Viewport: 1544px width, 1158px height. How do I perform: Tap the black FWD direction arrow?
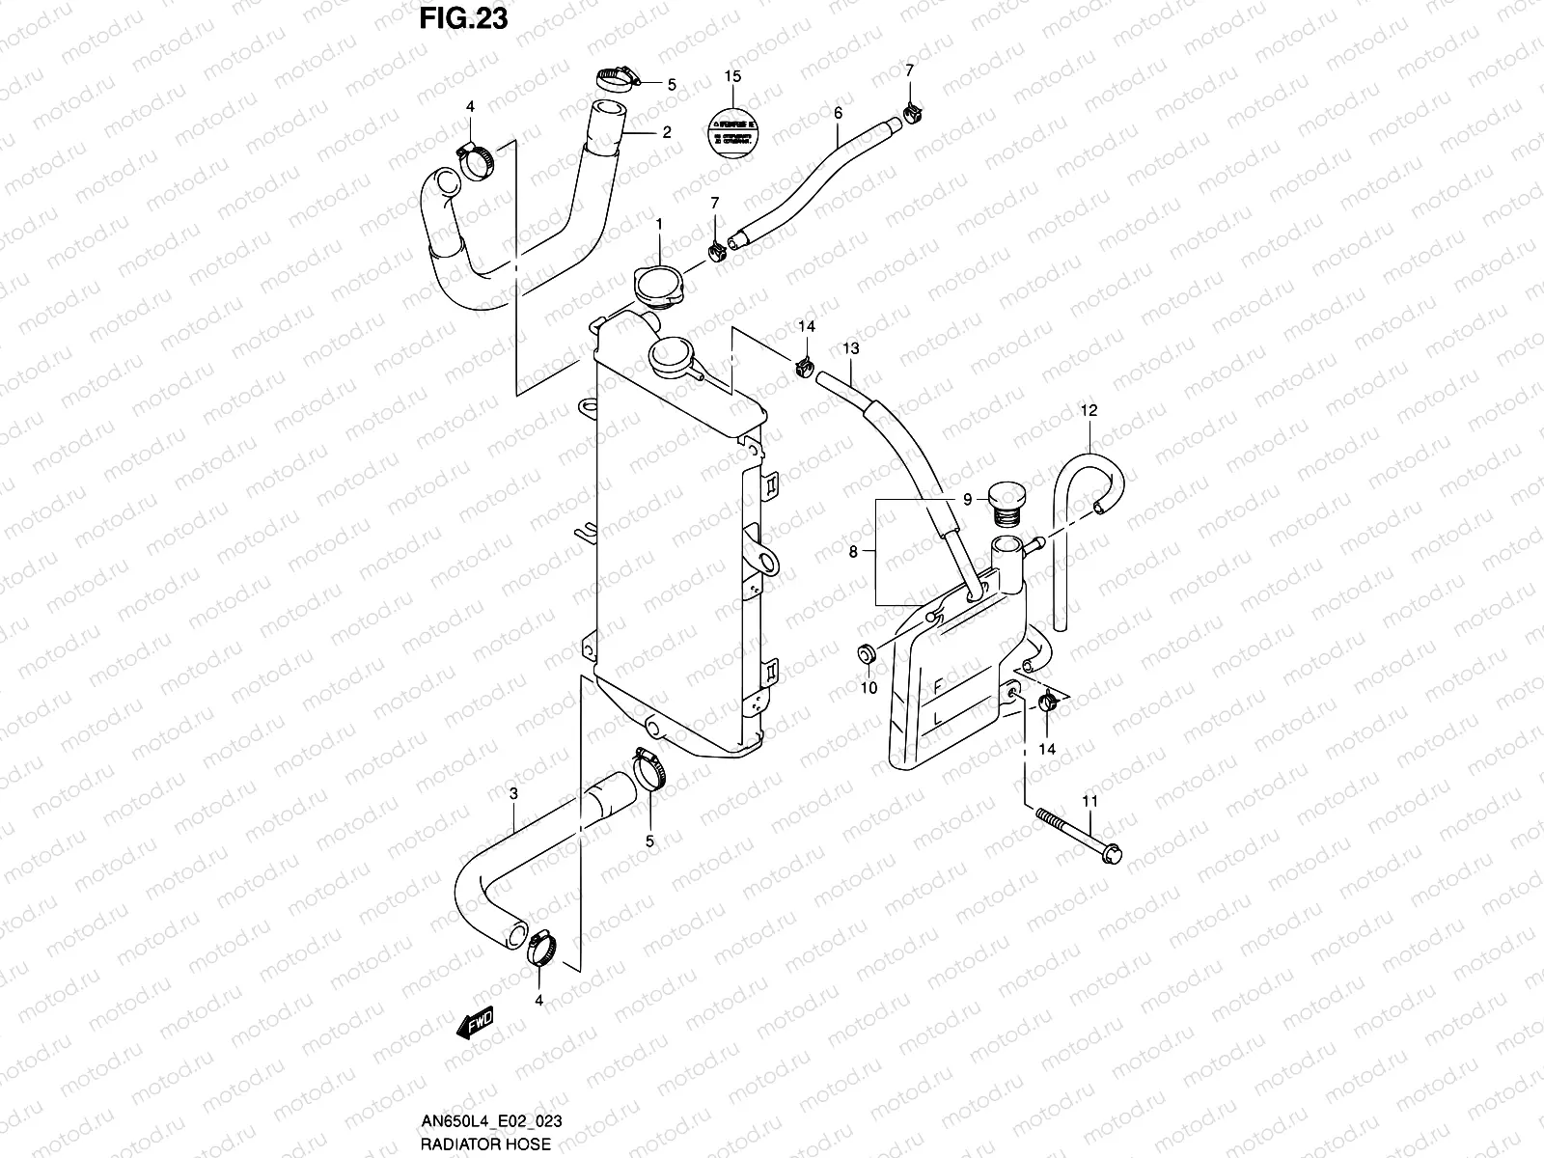476,1024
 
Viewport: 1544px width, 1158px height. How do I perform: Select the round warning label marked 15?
732,133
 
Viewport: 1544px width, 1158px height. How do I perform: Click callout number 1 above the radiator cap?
659,224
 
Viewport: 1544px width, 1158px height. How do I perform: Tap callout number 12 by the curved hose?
1089,411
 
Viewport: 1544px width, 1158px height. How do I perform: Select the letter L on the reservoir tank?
936,719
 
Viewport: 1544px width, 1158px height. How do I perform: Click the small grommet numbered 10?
867,655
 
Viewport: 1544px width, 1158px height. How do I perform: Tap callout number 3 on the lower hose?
513,793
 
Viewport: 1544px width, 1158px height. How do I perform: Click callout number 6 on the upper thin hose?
838,113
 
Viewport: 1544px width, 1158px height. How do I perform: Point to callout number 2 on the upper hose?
666,133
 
